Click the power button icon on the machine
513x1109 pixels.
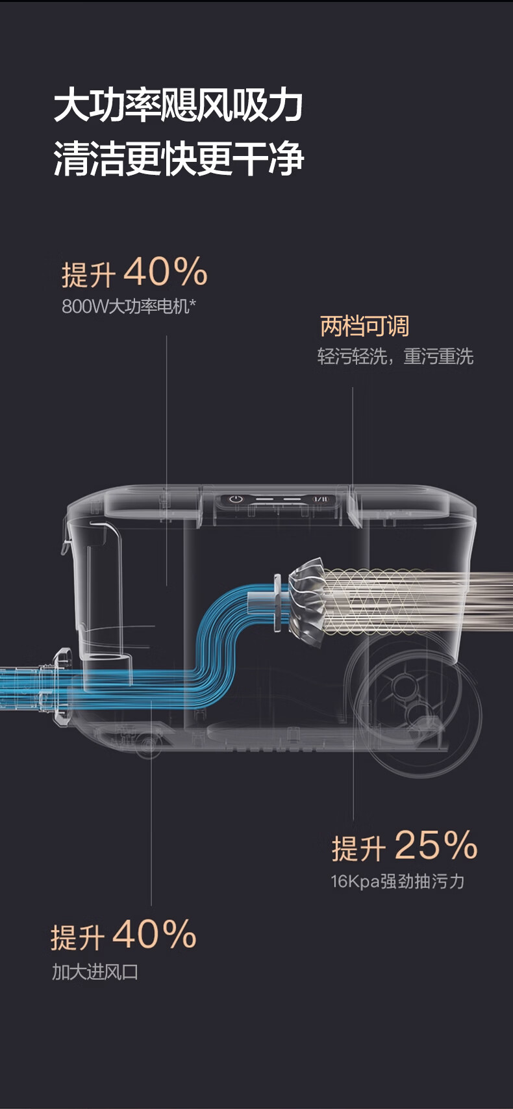coord(236,499)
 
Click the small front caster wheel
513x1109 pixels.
coord(148,743)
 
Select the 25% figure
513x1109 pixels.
coord(436,845)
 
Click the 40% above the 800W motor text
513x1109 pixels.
coord(166,272)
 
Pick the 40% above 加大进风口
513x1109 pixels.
coord(155,934)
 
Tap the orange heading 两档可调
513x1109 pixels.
coord(364,326)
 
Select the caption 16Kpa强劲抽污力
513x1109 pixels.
coord(397,881)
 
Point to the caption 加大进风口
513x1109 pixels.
coord(95,972)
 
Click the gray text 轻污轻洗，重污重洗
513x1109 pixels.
coord(395,356)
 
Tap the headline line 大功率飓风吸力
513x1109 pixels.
coord(179,106)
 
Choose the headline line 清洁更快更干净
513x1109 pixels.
coord(179,159)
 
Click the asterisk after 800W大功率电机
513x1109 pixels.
coord(192,303)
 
